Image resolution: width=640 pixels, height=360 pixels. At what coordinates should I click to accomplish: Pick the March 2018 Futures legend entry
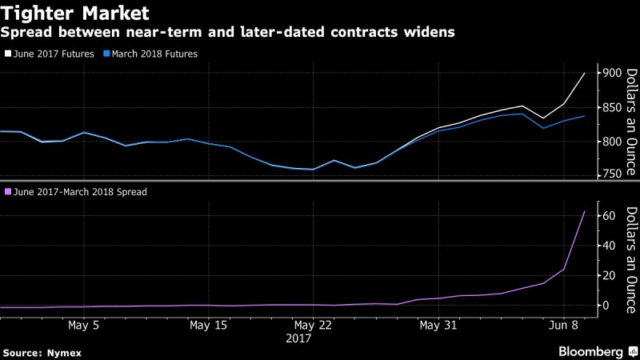coord(152,54)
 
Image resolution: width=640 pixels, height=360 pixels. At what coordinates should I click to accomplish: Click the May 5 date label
coord(84,326)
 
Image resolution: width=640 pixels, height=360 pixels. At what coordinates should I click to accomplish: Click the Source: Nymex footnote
coord(42,352)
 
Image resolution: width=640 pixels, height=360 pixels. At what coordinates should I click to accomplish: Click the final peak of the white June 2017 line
coord(585,74)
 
